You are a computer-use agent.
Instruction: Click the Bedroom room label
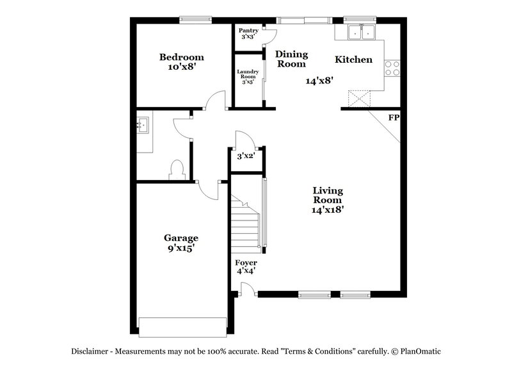point(182,57)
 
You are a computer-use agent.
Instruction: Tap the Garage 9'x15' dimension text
point(181,248)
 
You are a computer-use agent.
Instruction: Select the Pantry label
point(248,30)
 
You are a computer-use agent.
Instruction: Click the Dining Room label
point(291,59)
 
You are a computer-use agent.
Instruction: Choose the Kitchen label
point(353,60)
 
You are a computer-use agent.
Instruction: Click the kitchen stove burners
point(392,68)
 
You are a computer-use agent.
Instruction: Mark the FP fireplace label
point(393,118)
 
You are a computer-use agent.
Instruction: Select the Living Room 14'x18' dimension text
point(328,208)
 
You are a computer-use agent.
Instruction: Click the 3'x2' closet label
point(246,156)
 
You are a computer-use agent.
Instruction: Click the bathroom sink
point(143,125)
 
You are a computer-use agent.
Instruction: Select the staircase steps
point(246,224)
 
